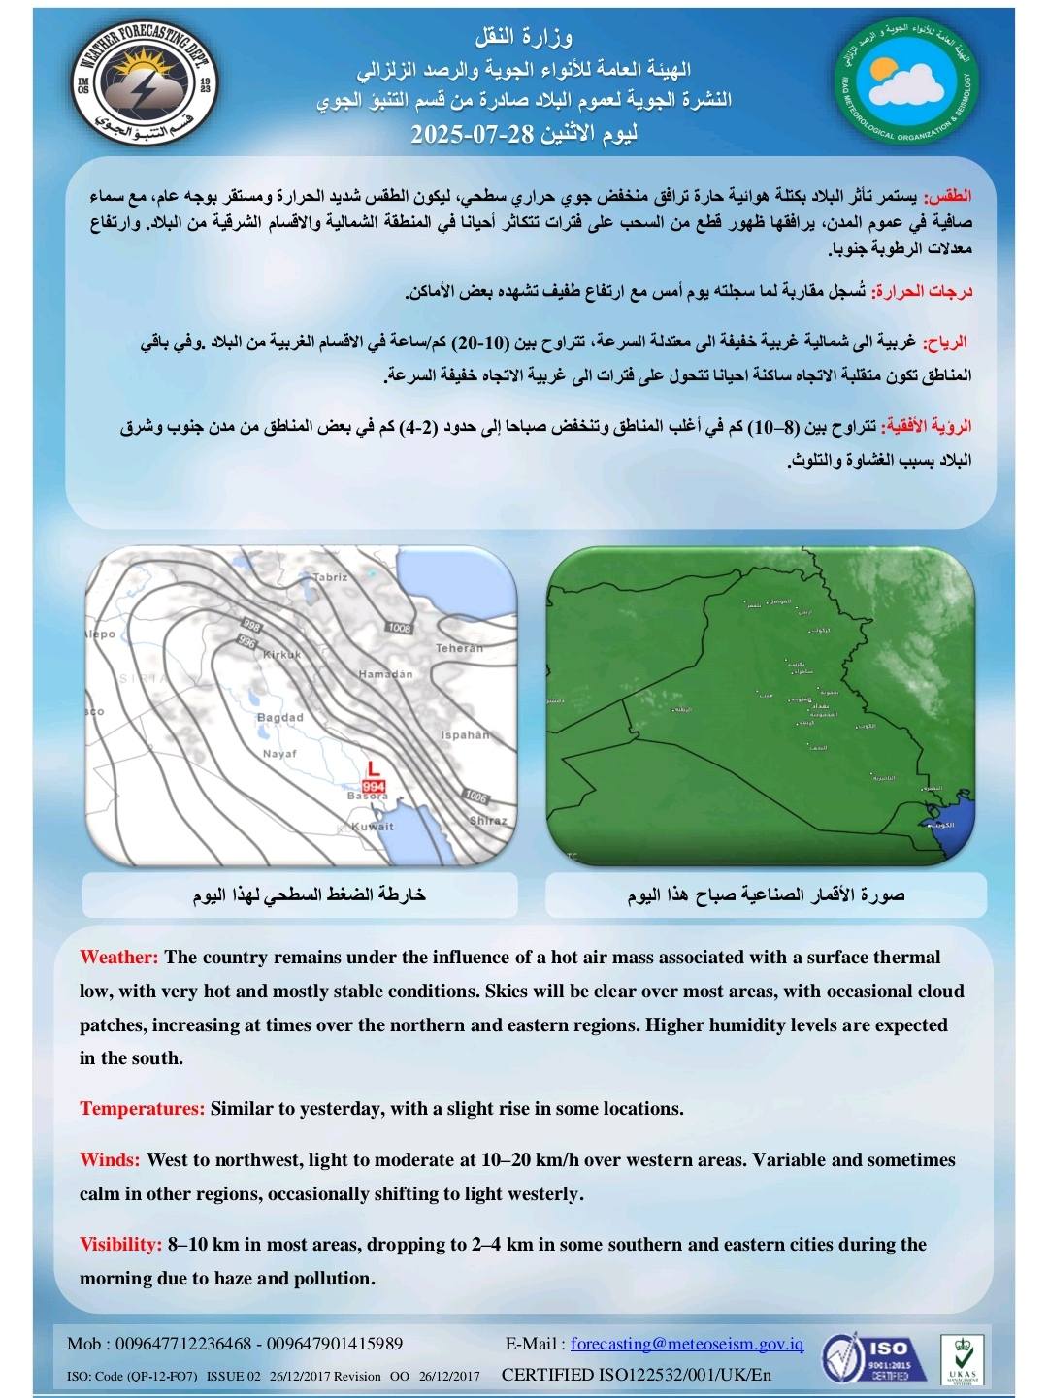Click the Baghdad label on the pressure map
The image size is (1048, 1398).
pos(279,718)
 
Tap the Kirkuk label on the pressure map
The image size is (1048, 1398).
pos(282,654)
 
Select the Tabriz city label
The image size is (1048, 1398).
pos(330,577)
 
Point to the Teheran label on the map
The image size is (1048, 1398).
pos(459,648)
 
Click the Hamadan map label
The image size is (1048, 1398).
pos(385,674)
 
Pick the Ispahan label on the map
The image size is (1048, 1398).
pos(465,735)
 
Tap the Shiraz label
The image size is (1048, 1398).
pos(488,821)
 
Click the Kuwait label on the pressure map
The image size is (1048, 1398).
pos(372,827)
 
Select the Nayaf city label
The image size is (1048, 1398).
pos(279,753)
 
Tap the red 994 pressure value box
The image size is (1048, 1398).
pos(374,785)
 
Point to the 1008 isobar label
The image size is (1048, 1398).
pos(399,628)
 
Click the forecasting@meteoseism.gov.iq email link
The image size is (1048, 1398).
pos(687,1344)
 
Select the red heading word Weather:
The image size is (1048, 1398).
pos(118,958)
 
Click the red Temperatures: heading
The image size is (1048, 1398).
pos(142,1109)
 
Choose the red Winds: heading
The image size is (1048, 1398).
pos(110,1160)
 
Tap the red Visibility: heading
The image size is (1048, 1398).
pos(120,1245)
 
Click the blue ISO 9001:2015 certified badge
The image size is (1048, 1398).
pos(867,1357)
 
